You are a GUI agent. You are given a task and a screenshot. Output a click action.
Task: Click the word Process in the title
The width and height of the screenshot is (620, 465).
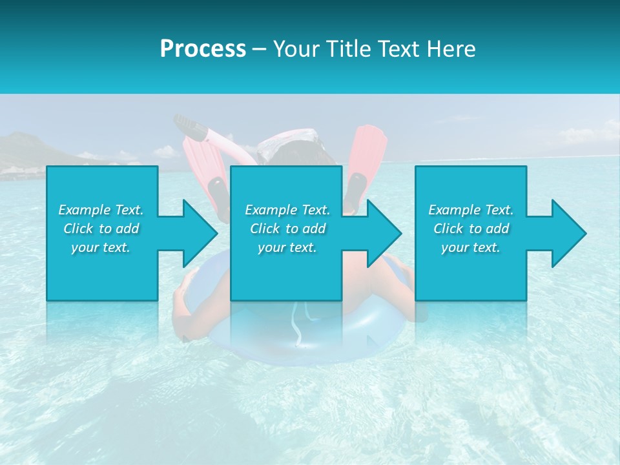203,48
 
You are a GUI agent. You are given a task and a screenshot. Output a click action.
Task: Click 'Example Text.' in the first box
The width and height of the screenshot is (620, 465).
101,210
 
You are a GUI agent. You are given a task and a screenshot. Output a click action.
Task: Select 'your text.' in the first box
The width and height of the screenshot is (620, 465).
101,247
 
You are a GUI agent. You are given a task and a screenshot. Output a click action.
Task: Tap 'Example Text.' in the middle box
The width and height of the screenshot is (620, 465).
287,210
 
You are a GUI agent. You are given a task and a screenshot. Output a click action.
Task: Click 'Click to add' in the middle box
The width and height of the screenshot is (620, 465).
287,229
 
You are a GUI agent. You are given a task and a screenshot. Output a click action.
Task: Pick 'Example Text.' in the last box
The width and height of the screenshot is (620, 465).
471,210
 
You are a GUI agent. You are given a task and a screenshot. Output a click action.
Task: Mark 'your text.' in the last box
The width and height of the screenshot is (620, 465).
471,247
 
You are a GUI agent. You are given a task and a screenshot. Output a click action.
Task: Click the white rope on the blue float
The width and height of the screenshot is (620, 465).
297,329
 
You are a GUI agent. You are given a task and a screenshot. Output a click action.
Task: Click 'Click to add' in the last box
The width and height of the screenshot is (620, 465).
471,229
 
